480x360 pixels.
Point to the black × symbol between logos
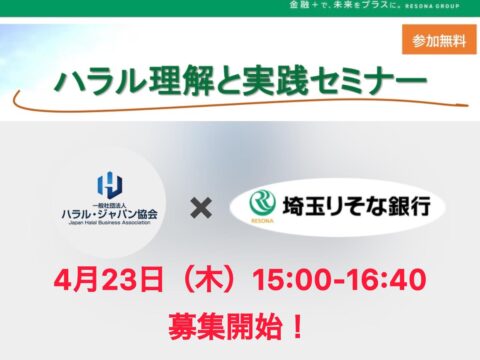(x=200, y=208)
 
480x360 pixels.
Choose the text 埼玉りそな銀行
(x=344, y=207)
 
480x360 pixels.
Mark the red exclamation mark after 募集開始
(x=297, y=327)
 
